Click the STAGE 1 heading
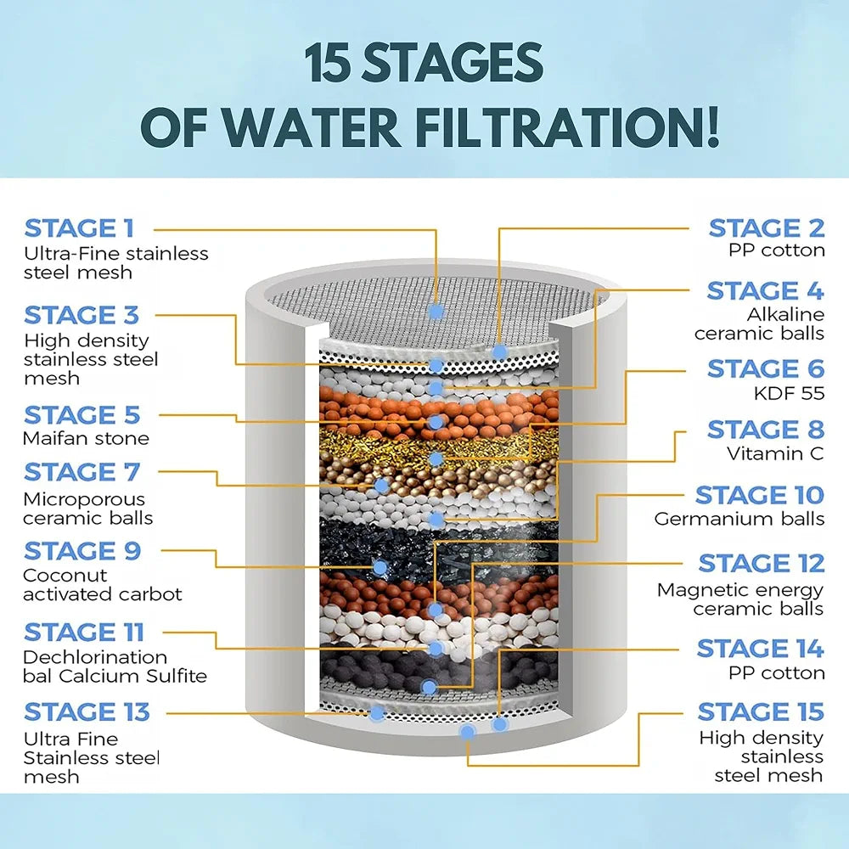tap(79, 228)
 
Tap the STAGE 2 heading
tap(766, 228)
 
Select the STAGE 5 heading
tap(81, 415)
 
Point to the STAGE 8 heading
tap(765, 430)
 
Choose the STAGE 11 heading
tap(84, 633)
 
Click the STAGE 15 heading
tap(760, 711)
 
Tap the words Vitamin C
tap(775, 453)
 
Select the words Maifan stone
tap(86, 438)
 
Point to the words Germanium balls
tap(739, 519)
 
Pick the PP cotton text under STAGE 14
tap(776, 672)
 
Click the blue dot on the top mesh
tap(436, 311)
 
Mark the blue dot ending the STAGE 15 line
tap(466, 731)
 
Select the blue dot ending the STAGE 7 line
tap(381, 486)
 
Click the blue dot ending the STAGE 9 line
tap(378, 565)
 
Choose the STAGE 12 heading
tap(761, 563)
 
